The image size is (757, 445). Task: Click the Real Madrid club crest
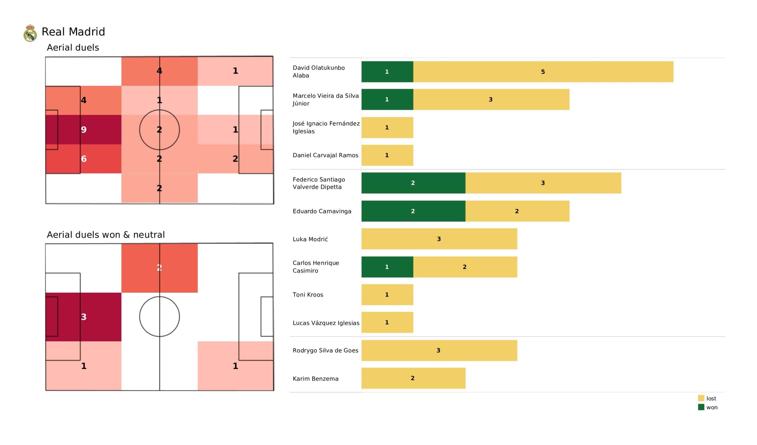pos(30,33)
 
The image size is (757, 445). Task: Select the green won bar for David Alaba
pos(387,72)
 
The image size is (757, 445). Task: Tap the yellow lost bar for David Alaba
pos(543,72)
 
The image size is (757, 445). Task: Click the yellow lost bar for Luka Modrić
pos(439,239)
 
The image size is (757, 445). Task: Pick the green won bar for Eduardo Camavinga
pos(413,211)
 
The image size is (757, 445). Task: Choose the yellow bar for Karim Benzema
pos(413,378)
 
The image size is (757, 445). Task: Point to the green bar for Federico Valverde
pos(413,183)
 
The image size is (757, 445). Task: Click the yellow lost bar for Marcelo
pos(491,99)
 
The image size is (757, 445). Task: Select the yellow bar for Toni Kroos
pos(387,295)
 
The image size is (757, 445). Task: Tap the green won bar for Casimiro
pos(387,267)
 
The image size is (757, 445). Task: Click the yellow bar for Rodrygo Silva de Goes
pos(439,350)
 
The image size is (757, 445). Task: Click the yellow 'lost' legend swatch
pos(701,398)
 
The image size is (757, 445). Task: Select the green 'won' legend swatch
pos(701,407)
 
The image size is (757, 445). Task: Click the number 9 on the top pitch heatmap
pos(84,130)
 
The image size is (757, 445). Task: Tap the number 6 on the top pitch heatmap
pos(84,159)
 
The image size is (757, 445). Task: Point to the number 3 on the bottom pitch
pos(84,317)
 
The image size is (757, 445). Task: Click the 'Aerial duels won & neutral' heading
pos(106,235)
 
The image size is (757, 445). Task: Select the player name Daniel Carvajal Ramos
pos(325,155)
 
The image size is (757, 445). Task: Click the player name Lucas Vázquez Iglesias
pos(326,323)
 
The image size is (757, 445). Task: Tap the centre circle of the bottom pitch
pos(159,317)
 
